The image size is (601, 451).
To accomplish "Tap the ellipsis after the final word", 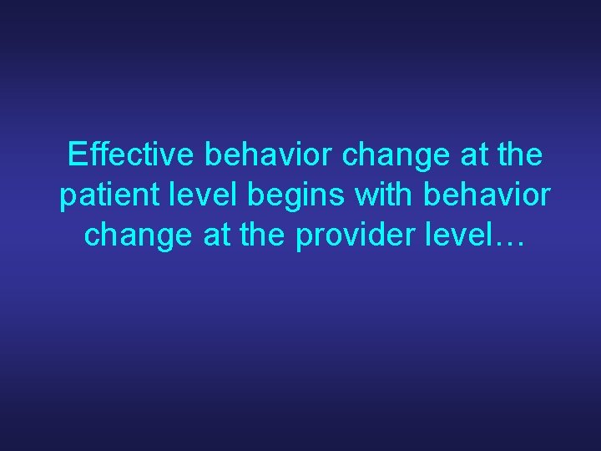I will pos(506,242).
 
